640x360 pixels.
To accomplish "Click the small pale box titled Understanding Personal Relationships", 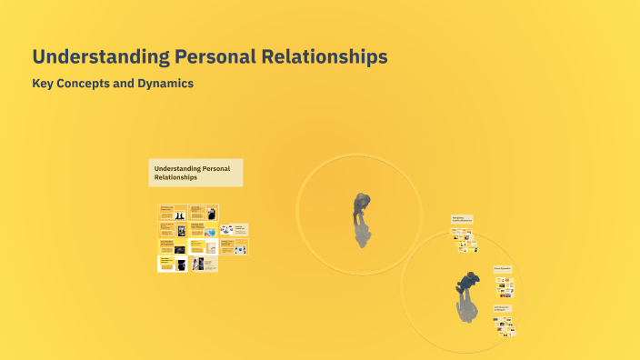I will [195, 173].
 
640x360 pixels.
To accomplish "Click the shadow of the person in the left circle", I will [363, 235].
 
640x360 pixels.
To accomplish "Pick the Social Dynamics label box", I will [504, 269].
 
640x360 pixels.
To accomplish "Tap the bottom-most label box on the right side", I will [503, 309].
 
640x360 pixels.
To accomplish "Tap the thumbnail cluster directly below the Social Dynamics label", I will [505, 287].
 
